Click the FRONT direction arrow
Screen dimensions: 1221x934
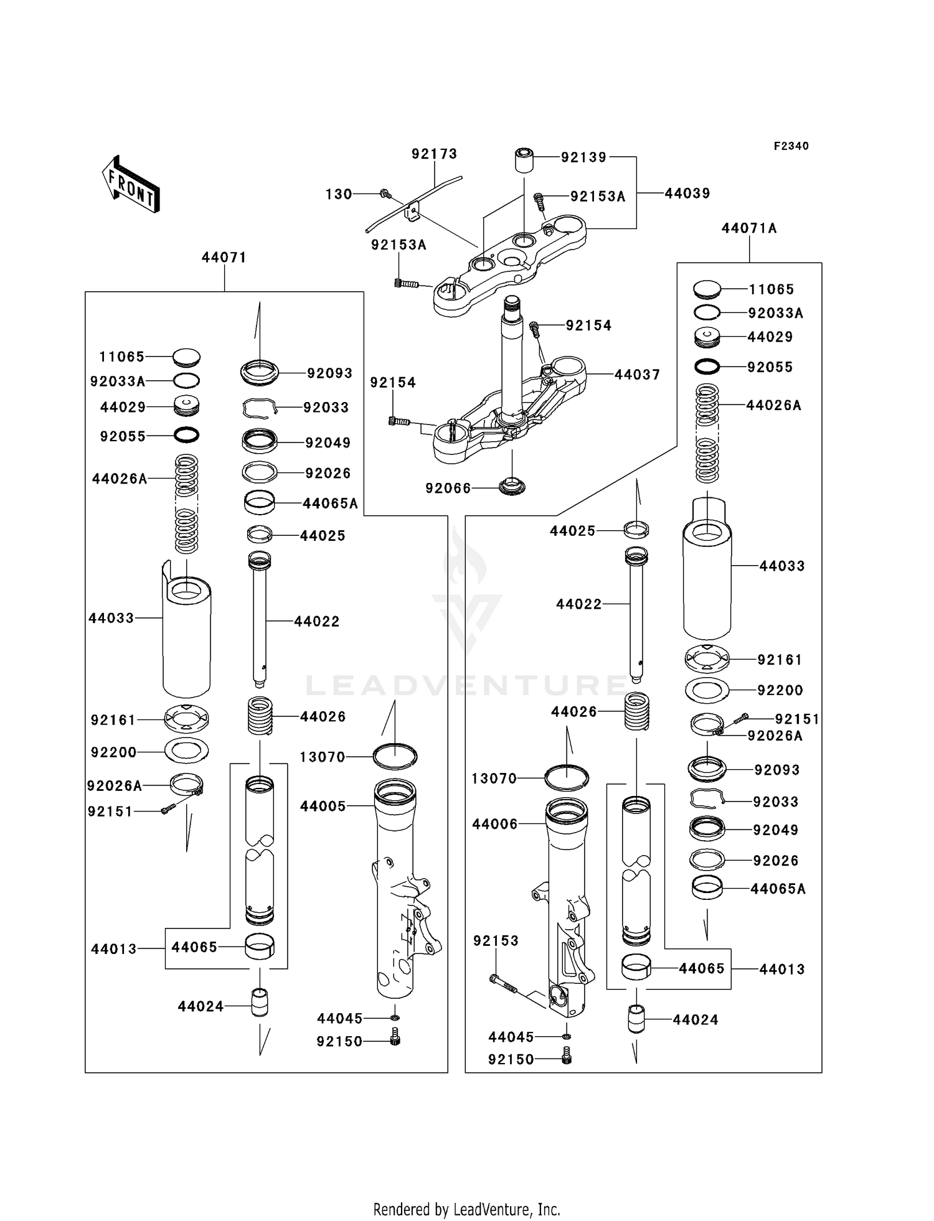pos(131,185)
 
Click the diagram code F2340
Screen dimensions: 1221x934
pos(791,146)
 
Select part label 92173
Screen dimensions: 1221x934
pos(434,154)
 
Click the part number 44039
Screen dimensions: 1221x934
pos(687,193)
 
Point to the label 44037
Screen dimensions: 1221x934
pos(637,374)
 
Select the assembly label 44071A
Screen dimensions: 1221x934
pos(749,228)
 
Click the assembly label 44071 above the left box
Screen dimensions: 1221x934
pos(224,257)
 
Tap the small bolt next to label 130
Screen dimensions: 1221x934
pos(384,194)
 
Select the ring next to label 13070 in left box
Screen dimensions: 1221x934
pos(395,757)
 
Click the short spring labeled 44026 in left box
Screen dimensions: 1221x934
pos(260,716)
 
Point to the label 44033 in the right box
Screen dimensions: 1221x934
pos(782,566)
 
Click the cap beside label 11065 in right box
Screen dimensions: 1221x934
pos(707,289)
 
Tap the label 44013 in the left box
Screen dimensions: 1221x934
pos(113,949)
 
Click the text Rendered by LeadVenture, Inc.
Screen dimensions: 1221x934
pos(466,1209)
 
